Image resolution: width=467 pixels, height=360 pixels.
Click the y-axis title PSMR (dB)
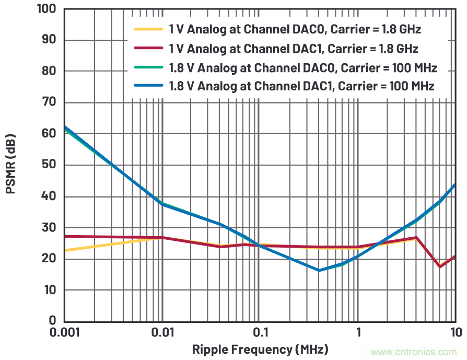[11, 165]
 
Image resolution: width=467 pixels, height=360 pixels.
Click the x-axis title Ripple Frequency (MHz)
[260, 349]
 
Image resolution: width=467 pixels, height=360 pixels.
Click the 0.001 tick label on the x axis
[64, 333]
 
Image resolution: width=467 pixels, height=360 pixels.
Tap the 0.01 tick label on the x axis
[162, 333]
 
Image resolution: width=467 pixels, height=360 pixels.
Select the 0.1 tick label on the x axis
[260, 333]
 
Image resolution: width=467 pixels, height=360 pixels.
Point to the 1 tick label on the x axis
[358, 333]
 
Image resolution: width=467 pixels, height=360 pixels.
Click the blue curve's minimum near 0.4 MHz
[319, 270]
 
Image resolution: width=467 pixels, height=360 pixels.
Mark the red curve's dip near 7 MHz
[440, 266]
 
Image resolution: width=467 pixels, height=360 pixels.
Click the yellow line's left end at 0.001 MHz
[65, 250]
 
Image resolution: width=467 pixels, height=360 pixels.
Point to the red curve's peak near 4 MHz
[416, 238]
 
